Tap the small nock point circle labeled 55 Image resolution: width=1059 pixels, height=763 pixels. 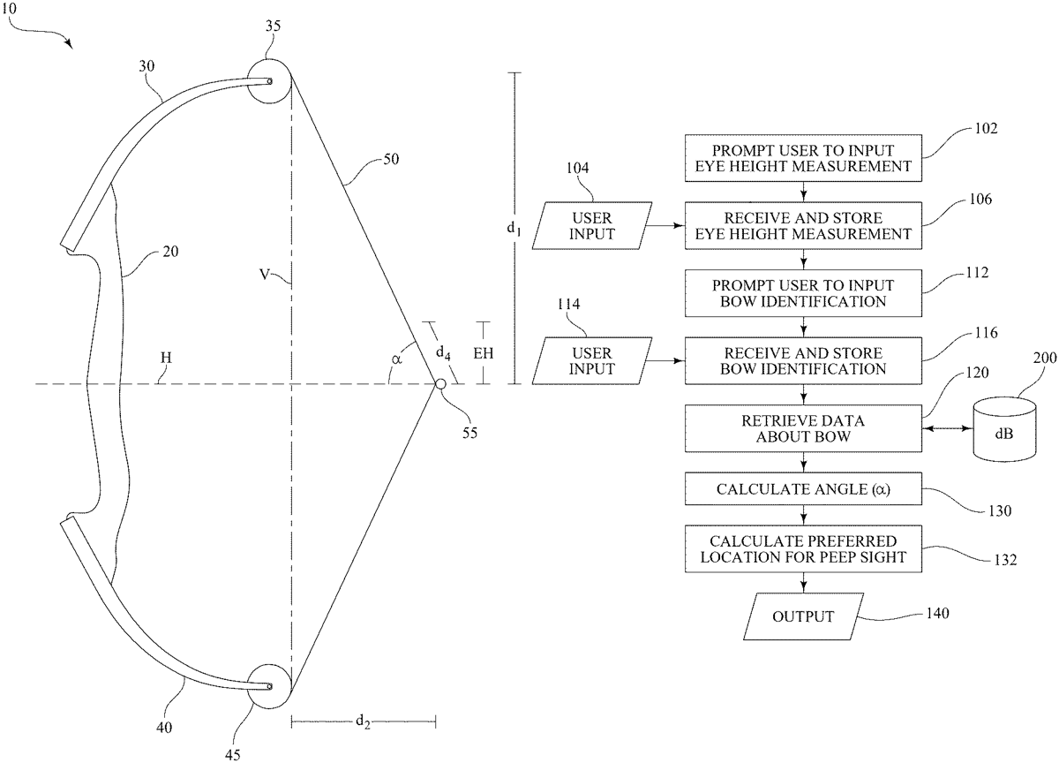pos(439,384)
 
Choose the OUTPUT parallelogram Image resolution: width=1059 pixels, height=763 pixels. pos(803,616)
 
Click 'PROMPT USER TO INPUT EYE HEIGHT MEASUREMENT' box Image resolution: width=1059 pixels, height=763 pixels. pos(803,158)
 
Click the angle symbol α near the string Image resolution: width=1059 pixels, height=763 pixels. pos(397,359)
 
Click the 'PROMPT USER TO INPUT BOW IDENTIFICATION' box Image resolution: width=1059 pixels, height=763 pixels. pos(803,293)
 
